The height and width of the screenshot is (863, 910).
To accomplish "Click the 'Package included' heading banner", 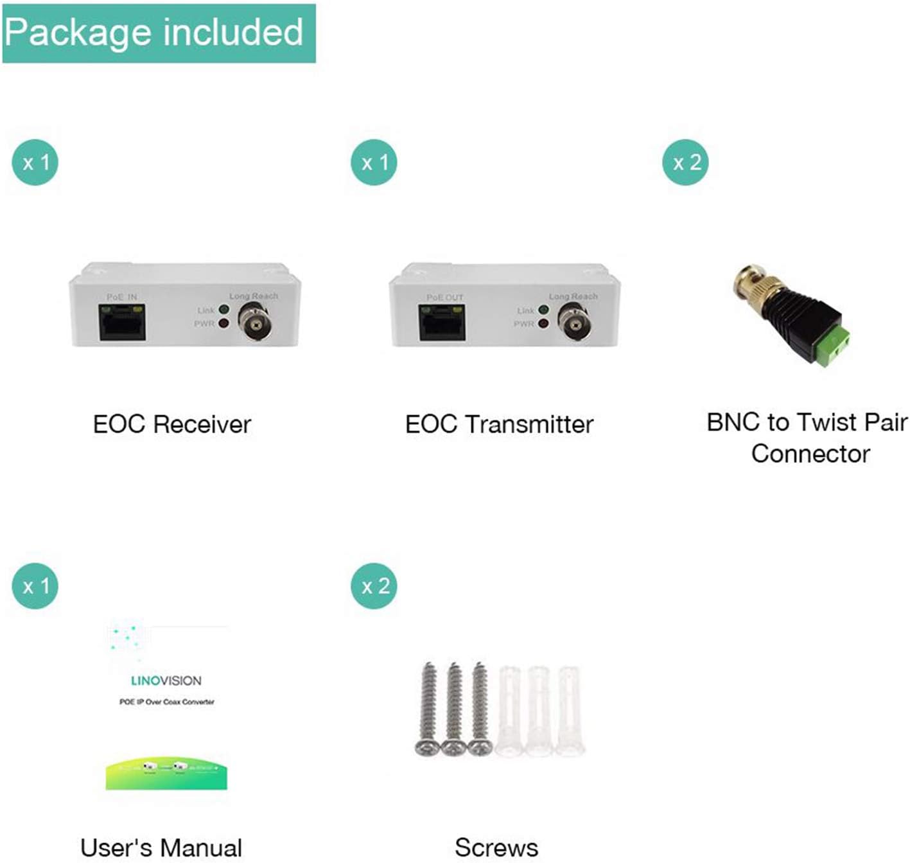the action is tap(158, 33).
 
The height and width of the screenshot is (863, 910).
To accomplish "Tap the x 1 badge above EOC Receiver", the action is tap(35, 162).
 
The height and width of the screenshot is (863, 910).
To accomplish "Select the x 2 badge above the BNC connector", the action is tap(686, 162).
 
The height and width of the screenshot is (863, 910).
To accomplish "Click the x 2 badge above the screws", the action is tap(374, 585).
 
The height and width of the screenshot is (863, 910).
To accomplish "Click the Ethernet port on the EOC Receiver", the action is tap(122, 323).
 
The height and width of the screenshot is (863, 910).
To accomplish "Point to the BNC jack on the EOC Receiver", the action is tap(254, 323).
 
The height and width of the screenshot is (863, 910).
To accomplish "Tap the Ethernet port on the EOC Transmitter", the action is tap(442, 323).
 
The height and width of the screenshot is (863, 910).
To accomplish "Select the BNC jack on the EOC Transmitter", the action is tap(574, 323).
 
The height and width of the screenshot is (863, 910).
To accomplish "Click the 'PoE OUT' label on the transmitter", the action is tap(444, 298).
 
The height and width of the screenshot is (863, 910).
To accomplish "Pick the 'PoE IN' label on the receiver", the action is tap(122, 297).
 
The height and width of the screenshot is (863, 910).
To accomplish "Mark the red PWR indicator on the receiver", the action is tap(224, 324).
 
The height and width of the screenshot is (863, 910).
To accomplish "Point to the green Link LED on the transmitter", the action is tap(544, 310).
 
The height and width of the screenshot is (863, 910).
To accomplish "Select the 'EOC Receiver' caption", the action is tap(171, 424).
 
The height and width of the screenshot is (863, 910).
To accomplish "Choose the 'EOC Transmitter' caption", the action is tap(499, 424).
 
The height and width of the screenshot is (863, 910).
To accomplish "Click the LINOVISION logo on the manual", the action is tap(166, 681).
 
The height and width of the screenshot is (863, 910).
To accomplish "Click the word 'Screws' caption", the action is tap(496, 848).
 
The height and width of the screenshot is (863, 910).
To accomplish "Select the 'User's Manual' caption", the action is tap(161, 848).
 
